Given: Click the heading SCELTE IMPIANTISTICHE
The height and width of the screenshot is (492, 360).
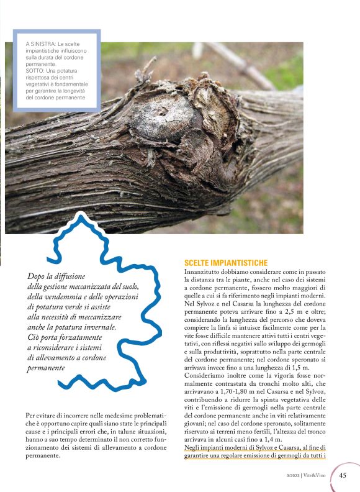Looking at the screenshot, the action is (226, 263).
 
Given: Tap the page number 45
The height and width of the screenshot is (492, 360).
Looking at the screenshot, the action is (342, 476).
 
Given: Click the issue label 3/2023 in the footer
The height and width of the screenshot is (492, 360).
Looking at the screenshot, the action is (289, 477).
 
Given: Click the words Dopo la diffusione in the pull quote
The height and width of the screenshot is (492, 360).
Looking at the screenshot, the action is (57, 276).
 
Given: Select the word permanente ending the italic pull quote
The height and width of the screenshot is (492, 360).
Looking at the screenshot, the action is (48, 368).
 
